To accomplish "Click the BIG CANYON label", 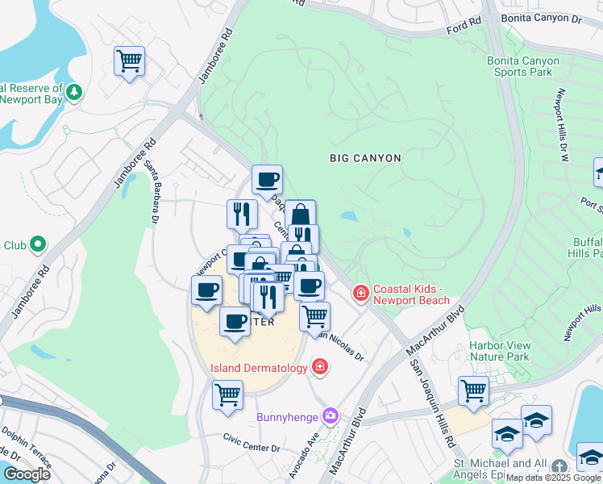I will point(365,158).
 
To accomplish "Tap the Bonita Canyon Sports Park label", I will point(522,66).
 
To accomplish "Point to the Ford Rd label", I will point(464,30).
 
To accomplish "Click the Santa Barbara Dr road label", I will point(152,197).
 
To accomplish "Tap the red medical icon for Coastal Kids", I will point(360,294).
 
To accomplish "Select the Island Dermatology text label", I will point(259,368).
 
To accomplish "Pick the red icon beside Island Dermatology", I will point(321,368).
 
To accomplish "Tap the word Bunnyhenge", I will point(288,417).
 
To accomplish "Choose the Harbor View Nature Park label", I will point(500,351).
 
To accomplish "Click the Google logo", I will point(27,474).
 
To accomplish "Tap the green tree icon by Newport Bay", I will point(74,93).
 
